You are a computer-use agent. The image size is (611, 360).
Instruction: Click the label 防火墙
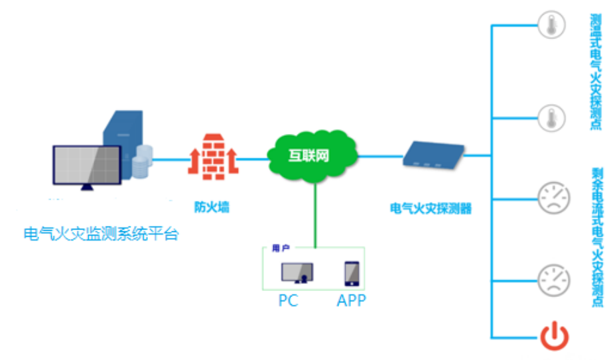click(212, 207)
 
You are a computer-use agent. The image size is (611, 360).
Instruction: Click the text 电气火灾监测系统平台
click(101, 234)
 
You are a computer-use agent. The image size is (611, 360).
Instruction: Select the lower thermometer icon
click(552, 118)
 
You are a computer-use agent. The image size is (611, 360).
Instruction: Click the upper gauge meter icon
click(553, 198)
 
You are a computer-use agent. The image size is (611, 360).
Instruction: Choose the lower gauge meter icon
click(553, 280)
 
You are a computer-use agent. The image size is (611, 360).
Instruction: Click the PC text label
click(288, 300)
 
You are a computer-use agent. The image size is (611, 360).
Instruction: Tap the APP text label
click(351, 300)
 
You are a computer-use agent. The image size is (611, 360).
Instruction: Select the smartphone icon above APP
click(351, 273)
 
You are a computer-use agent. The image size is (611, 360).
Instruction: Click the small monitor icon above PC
click(297, 272)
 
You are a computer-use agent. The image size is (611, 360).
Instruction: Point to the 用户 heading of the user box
click(281, 248)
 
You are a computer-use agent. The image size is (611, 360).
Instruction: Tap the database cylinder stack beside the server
click(142, 162)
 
